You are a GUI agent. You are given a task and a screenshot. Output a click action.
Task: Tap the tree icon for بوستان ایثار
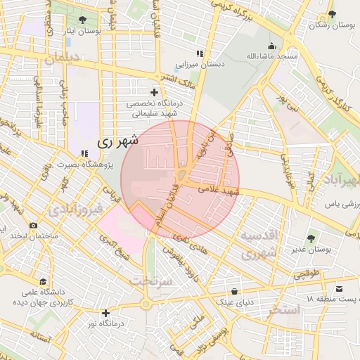click(84, 20)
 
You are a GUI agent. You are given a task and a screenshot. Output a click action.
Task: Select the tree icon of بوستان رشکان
click(333, 14)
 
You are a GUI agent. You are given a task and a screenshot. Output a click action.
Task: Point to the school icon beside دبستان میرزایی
click(200, 53)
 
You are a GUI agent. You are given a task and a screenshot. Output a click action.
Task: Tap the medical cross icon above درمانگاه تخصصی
click(154, 92)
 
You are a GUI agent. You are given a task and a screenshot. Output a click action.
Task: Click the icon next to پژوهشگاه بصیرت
click(84, 153)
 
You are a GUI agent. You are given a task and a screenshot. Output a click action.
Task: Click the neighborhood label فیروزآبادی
click(78, 210)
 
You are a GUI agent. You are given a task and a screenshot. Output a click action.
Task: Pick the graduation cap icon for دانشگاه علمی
click(44, 281)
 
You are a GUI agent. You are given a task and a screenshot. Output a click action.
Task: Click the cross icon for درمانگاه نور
click(105, 313)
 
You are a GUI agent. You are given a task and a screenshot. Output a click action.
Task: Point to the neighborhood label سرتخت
click(150, 281)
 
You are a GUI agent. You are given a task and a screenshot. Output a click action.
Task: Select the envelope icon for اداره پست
click(340, 289)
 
